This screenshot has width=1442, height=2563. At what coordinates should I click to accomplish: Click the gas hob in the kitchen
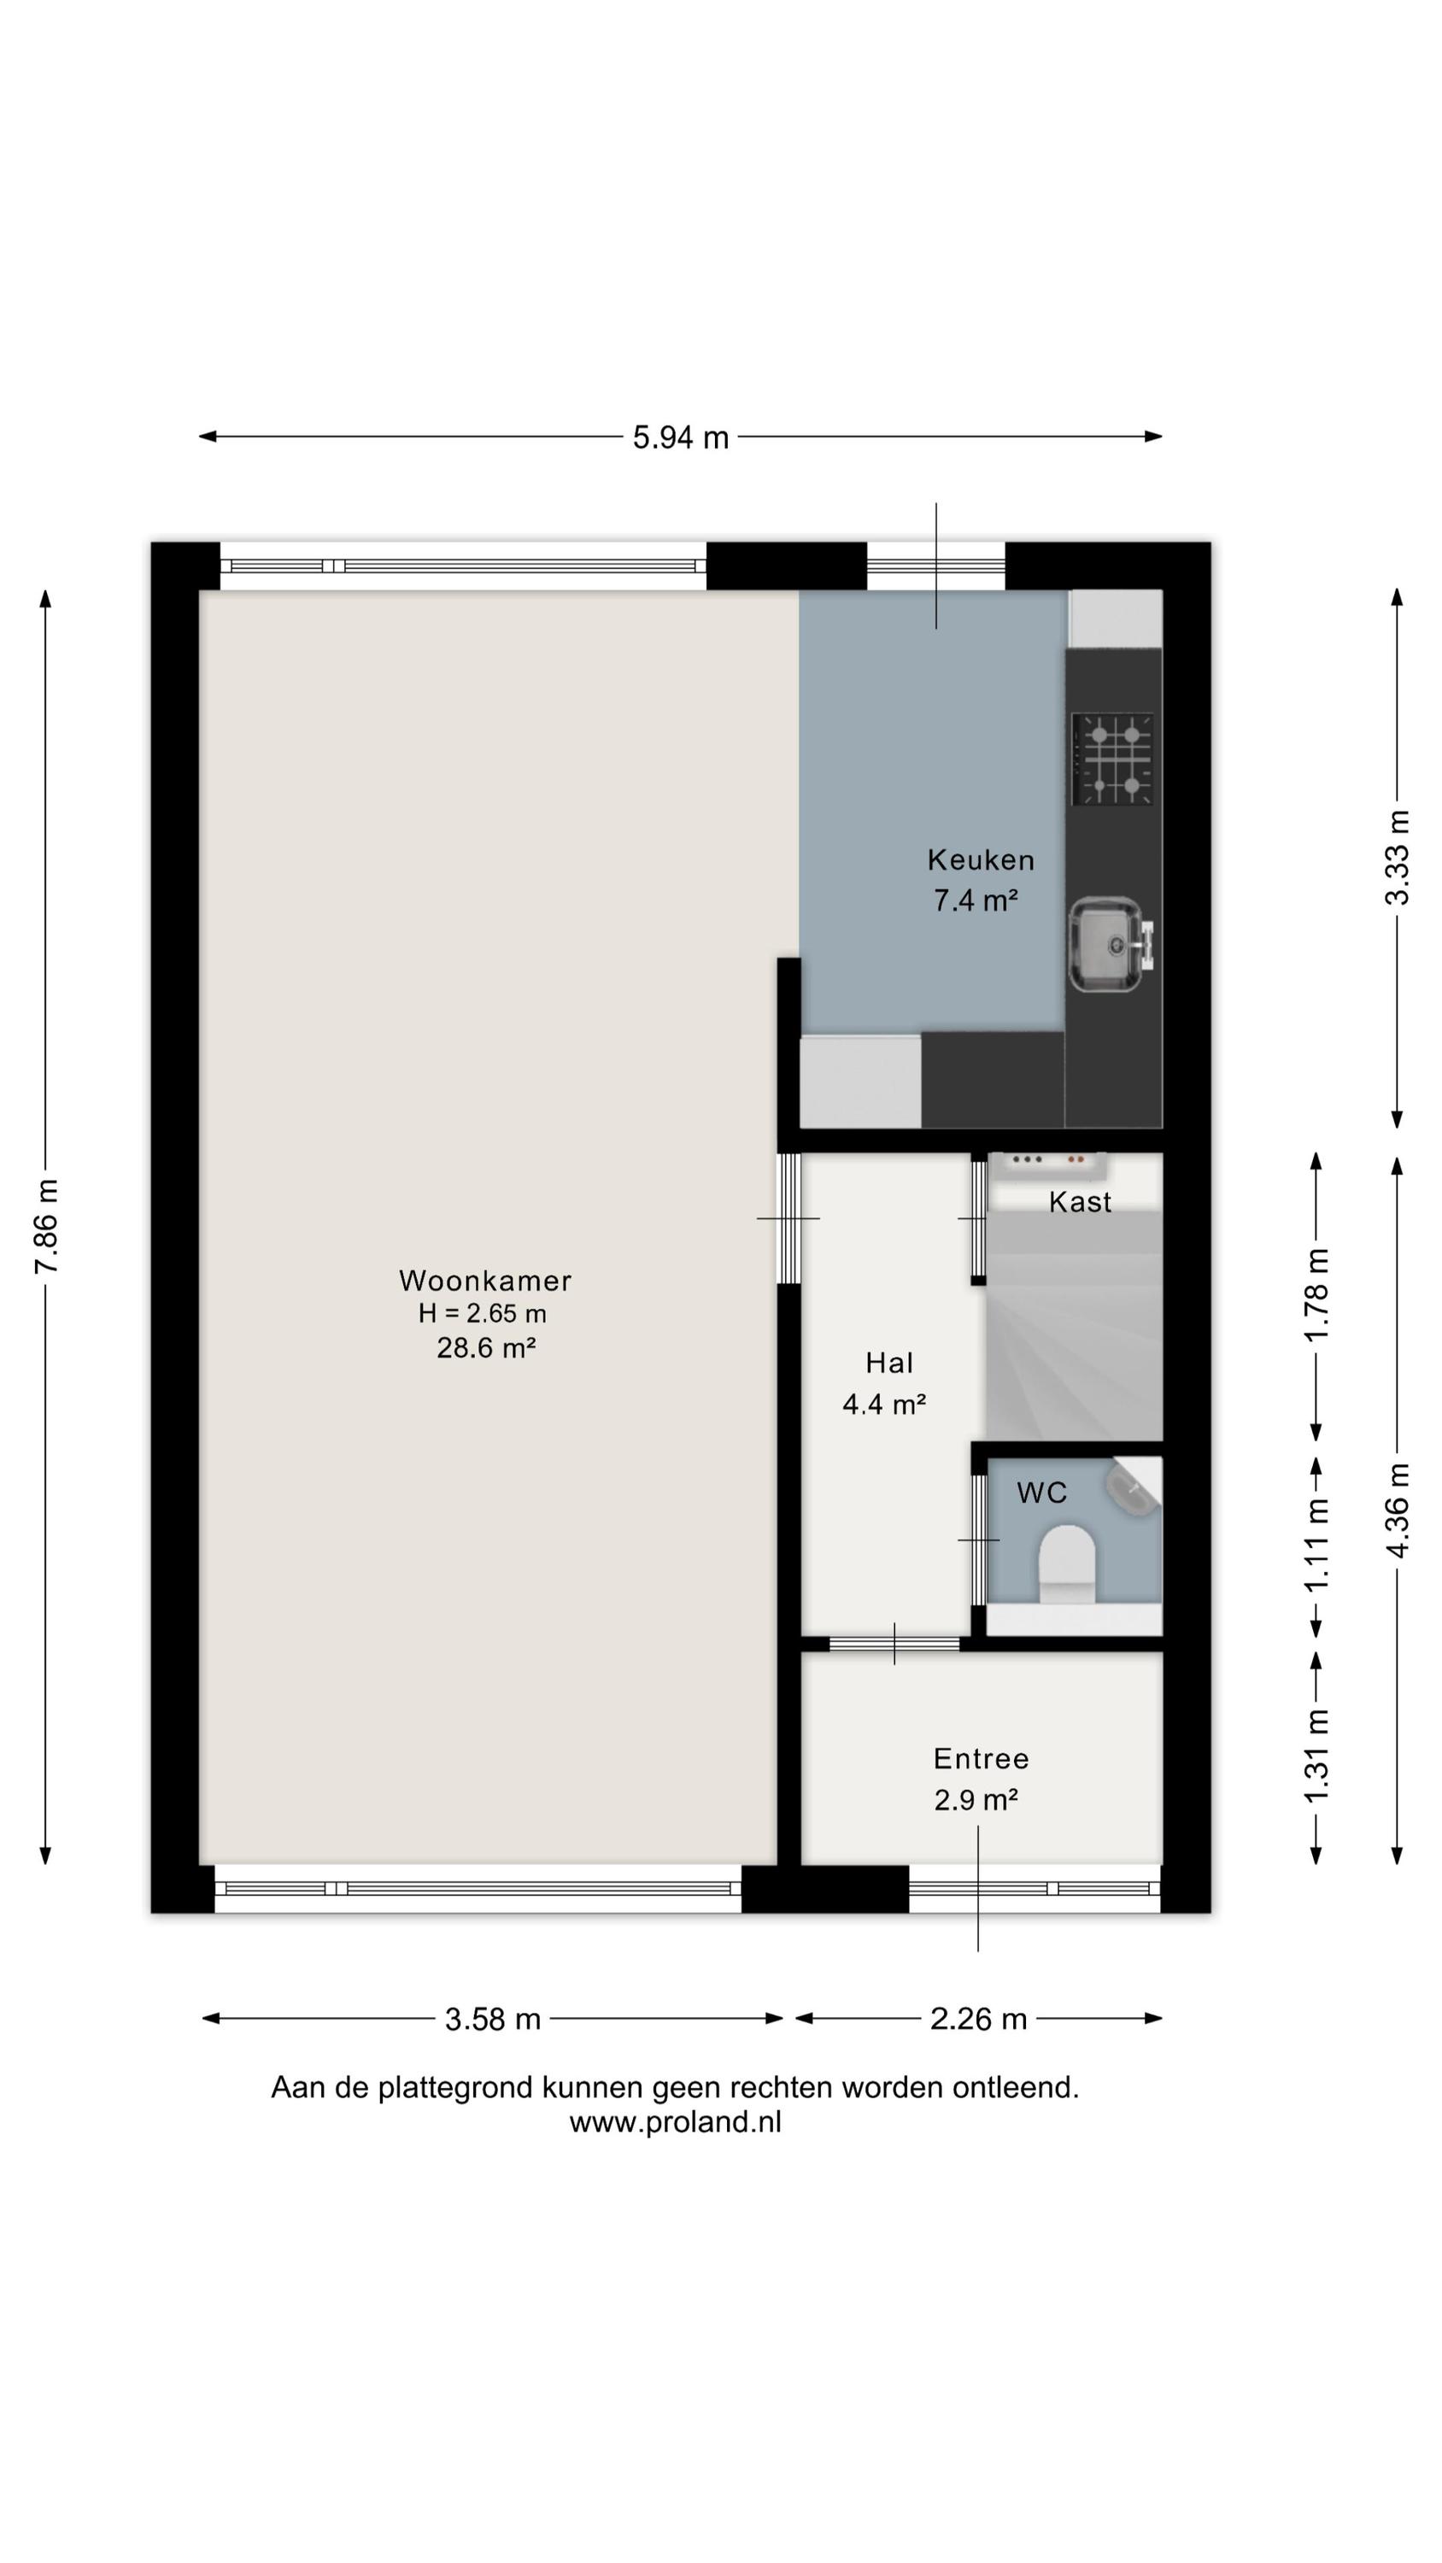click(x=1111, y=760)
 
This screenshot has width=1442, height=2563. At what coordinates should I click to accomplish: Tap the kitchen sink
click(x=1110, y=944)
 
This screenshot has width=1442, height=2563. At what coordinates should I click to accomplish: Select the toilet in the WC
click(x=1067, y=1562)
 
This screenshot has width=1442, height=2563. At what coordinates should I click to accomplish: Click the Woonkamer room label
click(x=485, y=1281)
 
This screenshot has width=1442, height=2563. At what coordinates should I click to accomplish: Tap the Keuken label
click(x=980, y=859)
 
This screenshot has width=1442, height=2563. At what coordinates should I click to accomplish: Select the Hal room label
click(x=888, y=1363)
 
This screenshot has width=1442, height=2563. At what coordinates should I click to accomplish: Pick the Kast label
click(x=1080, y=1202)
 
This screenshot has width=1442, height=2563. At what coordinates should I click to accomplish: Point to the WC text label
click(x=1042, y=1493)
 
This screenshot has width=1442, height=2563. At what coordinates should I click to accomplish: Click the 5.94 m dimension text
click(x=681, y=437)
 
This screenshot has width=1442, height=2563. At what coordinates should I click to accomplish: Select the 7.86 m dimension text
click(x=47, y=1226)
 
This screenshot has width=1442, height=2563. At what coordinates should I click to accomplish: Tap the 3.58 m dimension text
click(x=493, y=2020)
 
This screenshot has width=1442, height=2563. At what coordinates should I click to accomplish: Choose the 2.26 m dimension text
click(x=978, y=2020)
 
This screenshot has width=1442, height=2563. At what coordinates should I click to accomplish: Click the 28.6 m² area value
click(x=485, y=1348)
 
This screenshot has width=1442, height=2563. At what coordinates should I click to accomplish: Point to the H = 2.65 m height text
click(x=483, y=1313)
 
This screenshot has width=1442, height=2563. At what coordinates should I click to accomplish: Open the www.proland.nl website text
click(x=676, y=2122)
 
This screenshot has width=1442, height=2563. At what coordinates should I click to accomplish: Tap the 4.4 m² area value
click(x=885, y=1404)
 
